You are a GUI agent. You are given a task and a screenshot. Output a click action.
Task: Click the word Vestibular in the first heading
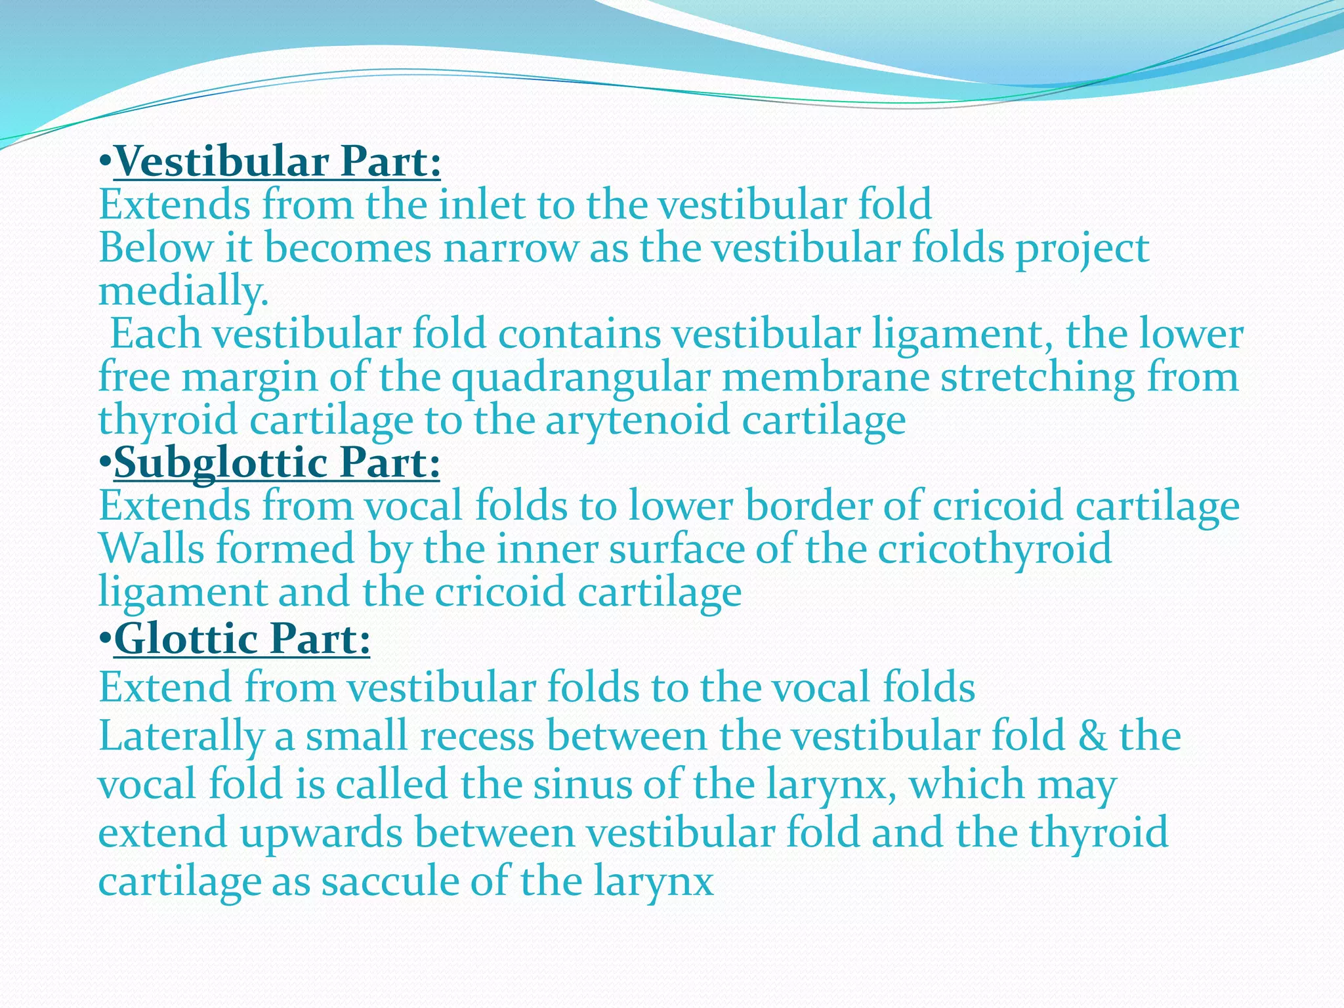[x=220, y=161]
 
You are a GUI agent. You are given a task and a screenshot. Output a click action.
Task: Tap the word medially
[x=184, y=291]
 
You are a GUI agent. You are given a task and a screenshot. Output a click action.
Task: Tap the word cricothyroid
[x=995, y=549]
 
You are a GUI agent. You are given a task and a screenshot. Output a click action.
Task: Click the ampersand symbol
[x=1092, y=736]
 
